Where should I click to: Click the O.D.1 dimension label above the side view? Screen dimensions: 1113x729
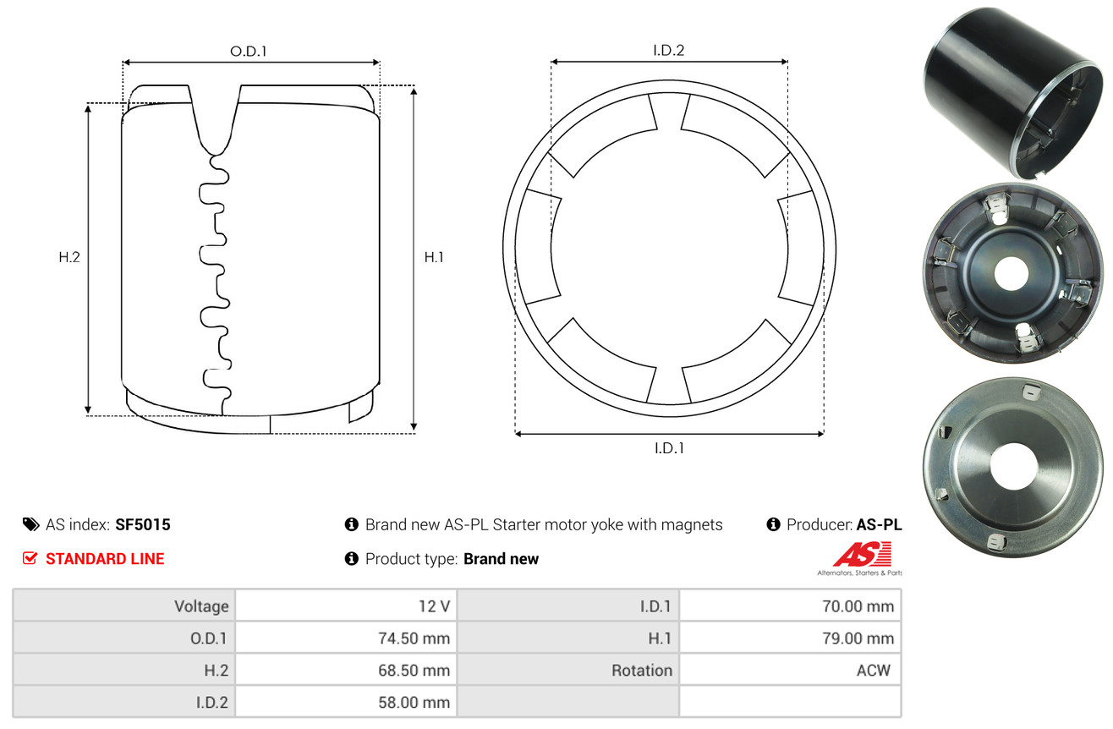(249, 52)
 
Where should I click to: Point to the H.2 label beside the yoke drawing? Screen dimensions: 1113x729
(69, 257)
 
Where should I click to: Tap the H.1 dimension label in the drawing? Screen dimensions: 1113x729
(434, 257)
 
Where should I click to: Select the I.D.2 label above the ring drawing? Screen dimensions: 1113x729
(668, 50)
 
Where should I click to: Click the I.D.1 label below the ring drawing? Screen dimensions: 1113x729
(669, 448)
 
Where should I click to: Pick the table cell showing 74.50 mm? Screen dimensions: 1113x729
(414, 638)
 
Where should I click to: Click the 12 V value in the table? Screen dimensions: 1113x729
(434, 606)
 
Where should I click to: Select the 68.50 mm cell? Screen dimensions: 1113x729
(414, 671)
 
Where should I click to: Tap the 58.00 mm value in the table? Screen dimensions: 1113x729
(414, 702)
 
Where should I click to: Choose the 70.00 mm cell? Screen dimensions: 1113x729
(858, 606)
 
